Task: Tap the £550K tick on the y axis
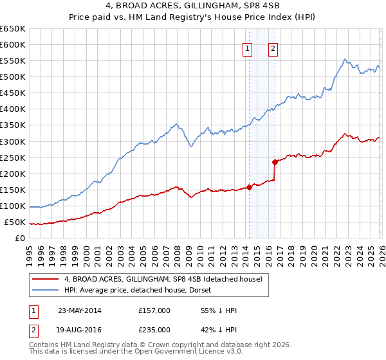click(12, 61)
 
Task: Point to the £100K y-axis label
click(12, 206)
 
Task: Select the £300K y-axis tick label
click(12, 141)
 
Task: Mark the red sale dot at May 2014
click(249, 188)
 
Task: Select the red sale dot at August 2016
click(275, 162)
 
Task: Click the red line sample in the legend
click(46, 280)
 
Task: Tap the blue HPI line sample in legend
click(46, 291)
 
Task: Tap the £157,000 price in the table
click(154, 310)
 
